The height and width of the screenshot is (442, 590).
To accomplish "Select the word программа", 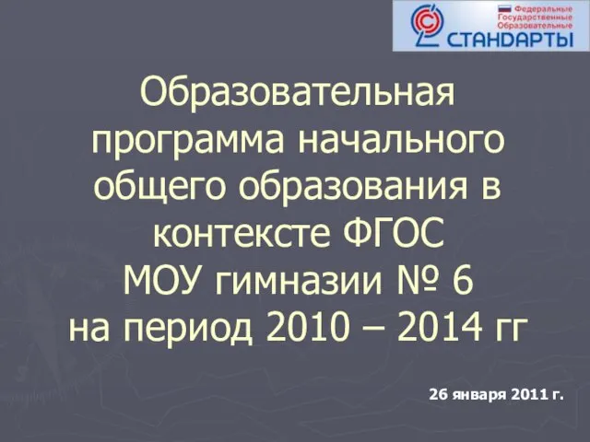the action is point(188,140).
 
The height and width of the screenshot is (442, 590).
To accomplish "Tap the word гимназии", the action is point(299,282).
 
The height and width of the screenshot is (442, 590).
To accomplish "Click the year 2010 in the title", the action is point(306,326).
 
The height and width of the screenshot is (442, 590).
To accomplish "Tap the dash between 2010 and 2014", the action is point(373,330).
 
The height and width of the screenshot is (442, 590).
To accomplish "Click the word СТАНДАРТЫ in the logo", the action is point(510,40).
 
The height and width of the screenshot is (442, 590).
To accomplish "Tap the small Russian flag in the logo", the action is point(504,8).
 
